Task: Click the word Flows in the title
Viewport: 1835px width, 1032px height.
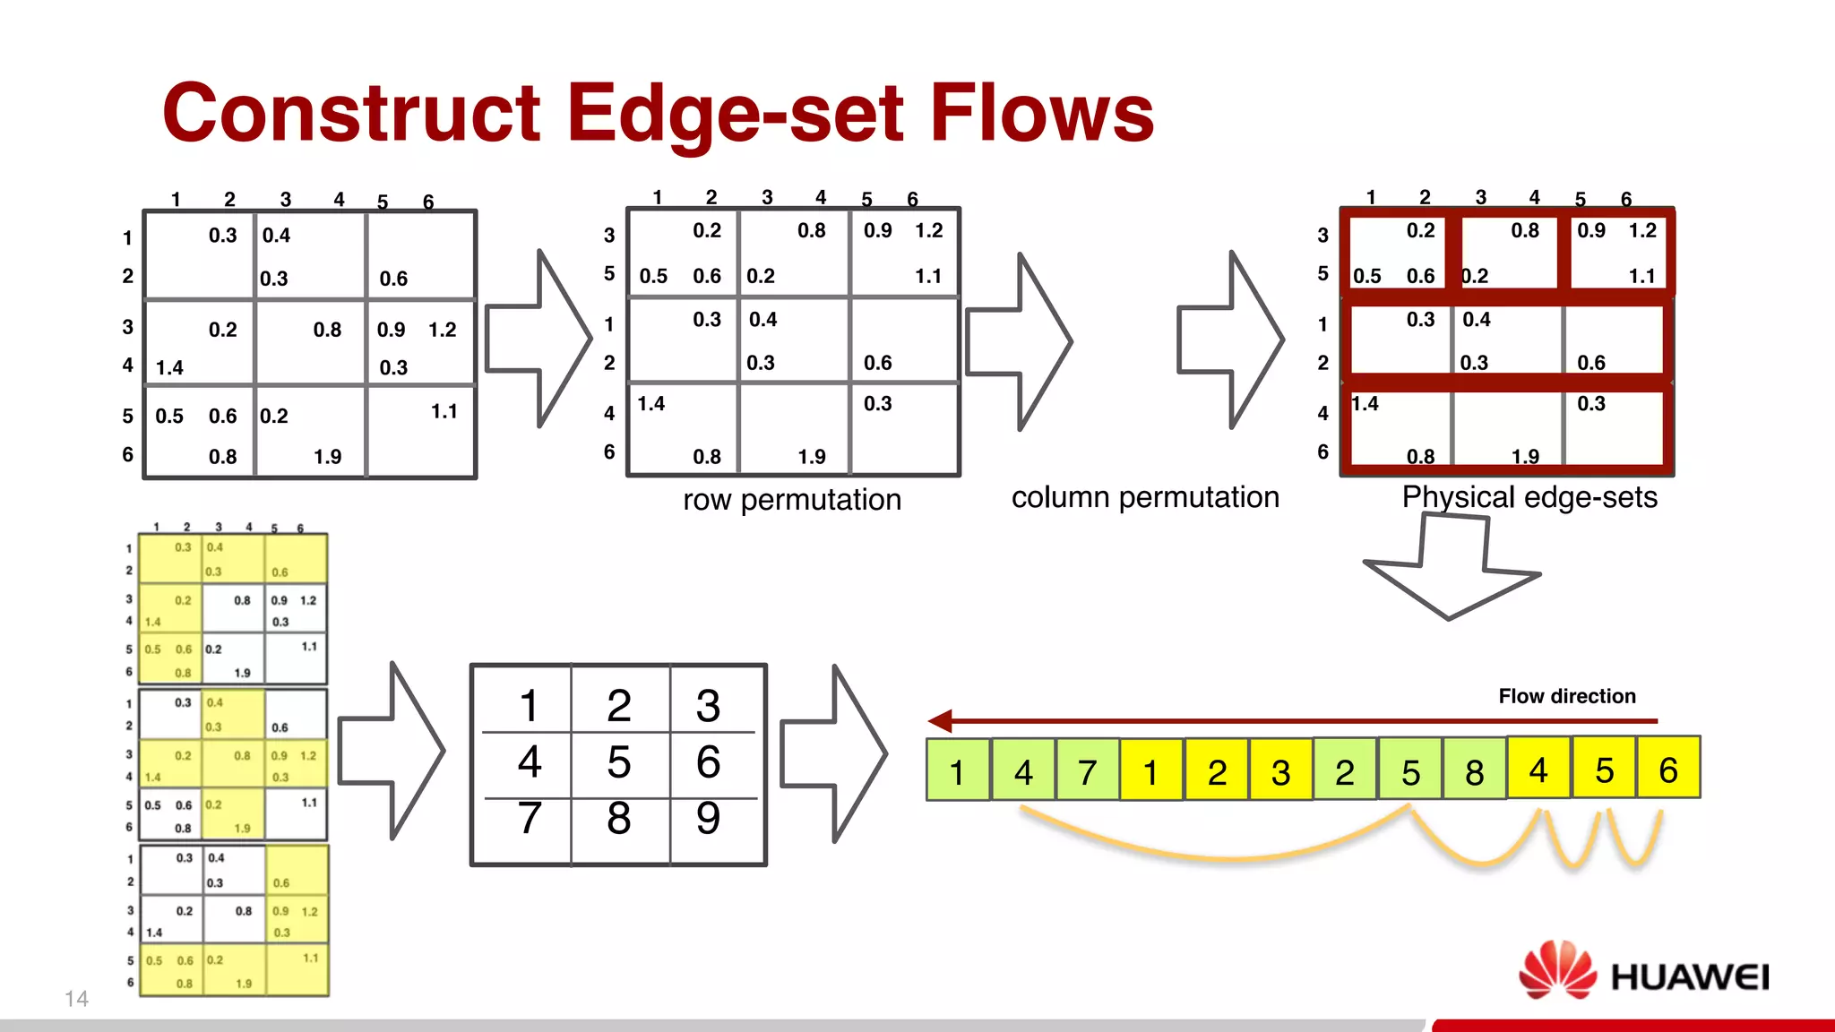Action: [x=1042, y=113]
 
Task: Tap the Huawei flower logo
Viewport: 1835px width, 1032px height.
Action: [x=1557, y=970]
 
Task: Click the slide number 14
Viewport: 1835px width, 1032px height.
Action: [x=76, y=999]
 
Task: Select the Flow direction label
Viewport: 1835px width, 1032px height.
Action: [x=1567, y=696]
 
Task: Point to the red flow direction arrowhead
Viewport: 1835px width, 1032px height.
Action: [x=940, y=720]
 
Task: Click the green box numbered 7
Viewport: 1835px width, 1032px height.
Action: [x=1088, y=770]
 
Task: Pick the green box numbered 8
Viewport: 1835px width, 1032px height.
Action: [x=1474, y=770]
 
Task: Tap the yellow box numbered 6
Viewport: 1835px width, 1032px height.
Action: [x=1667, y=769]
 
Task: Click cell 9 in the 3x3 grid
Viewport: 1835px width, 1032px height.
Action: [x=708, y=818]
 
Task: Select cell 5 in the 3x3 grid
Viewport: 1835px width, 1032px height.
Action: [x=618, y=761]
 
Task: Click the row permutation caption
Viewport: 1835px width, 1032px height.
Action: [x=792, y=499]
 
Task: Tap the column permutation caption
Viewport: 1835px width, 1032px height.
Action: [x=1145, y=496]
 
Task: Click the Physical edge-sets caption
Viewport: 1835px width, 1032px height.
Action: [x=1529, y=496]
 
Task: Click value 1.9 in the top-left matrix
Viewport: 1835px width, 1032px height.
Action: [x=327, y=457]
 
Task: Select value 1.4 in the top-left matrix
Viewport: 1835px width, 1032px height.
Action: [x=169, y=367]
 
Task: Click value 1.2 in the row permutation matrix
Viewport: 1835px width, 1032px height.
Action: [x=928, y=230]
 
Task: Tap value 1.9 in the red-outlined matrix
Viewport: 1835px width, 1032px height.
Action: [x=1525, y=457]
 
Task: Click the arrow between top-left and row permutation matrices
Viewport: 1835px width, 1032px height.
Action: [x=538, y=339]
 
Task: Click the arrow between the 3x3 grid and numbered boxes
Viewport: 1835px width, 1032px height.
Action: [x=833, y=752]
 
